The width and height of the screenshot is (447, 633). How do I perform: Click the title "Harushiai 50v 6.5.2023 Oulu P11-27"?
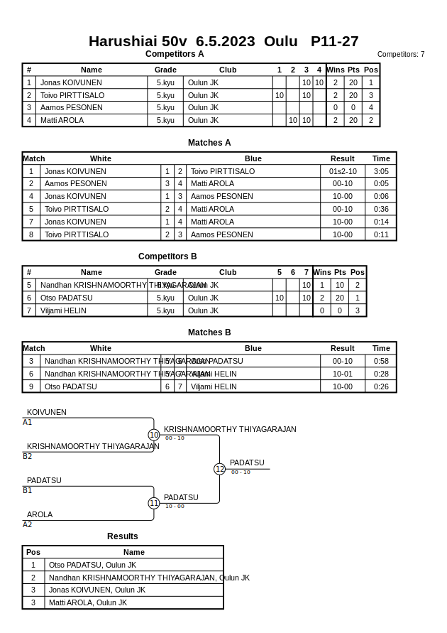pos(223,41)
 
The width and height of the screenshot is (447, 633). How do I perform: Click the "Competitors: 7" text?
pos(400,55)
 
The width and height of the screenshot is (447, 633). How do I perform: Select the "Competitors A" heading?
pos(175,54)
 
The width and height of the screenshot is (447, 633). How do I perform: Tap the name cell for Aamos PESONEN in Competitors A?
pos(71,108)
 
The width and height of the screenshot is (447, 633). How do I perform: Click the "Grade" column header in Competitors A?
pos(165,70)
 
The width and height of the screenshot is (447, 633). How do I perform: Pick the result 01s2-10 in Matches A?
pos(343,171)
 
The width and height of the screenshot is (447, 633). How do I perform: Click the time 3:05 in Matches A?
pos(381,171)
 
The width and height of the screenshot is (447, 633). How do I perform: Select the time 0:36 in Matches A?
pos(381,210)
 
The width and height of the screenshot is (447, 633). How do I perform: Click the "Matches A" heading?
pos(209,143)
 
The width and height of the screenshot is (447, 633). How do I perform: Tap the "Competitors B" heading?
pos(167,256)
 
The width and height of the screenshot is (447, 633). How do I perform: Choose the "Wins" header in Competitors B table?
pos(322,272)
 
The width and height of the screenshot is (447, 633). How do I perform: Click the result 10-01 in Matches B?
pos(343,374)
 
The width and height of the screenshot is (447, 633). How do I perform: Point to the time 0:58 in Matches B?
pos(381,361)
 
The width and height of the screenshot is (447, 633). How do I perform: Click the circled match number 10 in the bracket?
pos(154,435)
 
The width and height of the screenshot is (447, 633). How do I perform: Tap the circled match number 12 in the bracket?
pos(219,469)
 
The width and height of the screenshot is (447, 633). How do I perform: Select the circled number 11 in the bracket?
pos(154,503)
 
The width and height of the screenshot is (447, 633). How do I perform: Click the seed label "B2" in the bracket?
pos(28,456)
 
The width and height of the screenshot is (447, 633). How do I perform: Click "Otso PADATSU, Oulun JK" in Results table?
pos(92,565)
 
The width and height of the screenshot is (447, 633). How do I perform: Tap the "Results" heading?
pos(123,536)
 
